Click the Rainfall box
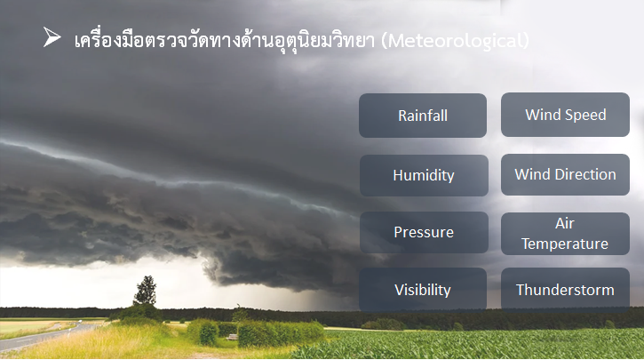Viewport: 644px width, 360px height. point(423,116)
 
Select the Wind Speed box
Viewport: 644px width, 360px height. point(565,115)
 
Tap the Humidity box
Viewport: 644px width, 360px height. point(424,175)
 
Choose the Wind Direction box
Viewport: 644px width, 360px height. point(565,174)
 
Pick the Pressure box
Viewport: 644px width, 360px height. point(424,233)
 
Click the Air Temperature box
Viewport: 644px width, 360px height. point(565,234)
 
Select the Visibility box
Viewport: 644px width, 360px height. point(423,290)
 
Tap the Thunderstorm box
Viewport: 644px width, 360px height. point(565,290)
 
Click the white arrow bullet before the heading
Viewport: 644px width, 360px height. point(52,37)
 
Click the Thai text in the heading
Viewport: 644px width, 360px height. point(224,40)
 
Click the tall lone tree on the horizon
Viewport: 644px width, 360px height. point(146,291)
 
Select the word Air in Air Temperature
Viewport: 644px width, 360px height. point(565,223)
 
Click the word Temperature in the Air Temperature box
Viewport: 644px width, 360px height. point(565,244)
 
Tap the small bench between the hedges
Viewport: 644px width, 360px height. point(232,337)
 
